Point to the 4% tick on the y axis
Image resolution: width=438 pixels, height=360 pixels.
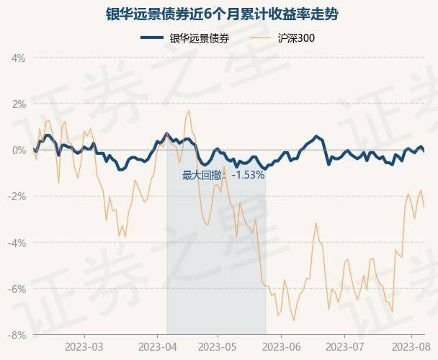(18, 58)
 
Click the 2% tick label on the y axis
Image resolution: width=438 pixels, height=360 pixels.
(18, 104)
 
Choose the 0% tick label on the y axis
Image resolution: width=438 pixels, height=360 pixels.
(18, 150)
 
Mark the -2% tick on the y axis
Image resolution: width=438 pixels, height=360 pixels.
(17, 196)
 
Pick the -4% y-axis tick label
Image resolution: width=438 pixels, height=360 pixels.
(17, 243)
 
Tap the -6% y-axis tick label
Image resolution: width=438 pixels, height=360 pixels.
(17, 289)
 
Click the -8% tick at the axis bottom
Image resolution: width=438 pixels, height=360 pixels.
(17, 335)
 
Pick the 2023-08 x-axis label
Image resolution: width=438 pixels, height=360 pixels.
(406, 346)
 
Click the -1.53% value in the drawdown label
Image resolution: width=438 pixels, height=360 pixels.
(248, 175)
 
